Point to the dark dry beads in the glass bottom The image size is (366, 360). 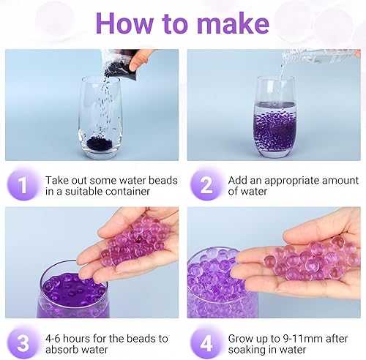click(100, 139)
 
